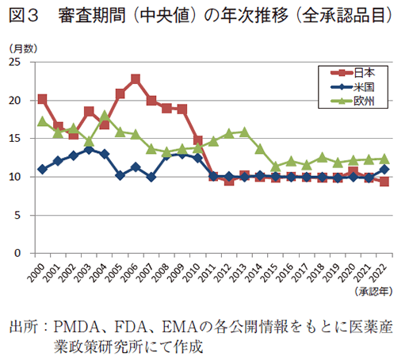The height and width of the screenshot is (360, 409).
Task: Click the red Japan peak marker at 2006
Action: [x=136, y=79]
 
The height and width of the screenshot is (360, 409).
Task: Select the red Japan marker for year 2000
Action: [x=42, y=100]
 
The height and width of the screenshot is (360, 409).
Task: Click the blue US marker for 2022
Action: [x=385, y=170]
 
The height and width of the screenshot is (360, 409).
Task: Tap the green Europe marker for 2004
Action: [x=105, y=116]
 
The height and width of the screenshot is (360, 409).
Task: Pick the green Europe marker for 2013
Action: [x=245, y=132]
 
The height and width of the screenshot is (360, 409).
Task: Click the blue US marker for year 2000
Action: [x=42, y=170]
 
